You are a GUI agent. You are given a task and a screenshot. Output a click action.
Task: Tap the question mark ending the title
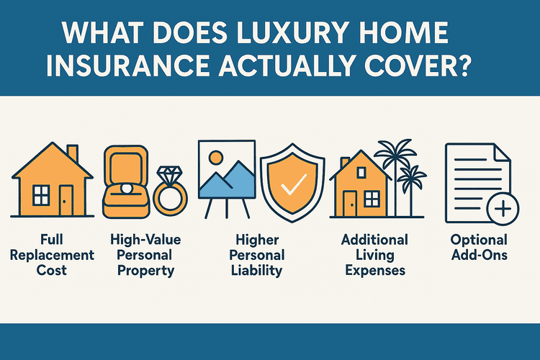(x=461, y=64)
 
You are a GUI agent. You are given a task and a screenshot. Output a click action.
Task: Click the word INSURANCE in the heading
(x=127, y=65)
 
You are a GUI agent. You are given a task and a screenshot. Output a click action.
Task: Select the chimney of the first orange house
(x=72, y=154)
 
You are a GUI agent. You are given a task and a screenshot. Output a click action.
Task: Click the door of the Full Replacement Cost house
(x=66, y=200)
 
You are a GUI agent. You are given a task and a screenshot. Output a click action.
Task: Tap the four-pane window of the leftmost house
(x=41, y=195)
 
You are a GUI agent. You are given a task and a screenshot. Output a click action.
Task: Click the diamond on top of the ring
(x=168, y=176)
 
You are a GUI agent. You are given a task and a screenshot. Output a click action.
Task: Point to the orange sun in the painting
(x=216, y=158)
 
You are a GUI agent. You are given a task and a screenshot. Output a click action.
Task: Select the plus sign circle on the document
(x=503, y=209)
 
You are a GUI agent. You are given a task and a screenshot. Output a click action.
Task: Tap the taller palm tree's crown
(x=395, y=152)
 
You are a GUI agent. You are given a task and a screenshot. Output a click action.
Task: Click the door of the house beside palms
(x=349, y=203)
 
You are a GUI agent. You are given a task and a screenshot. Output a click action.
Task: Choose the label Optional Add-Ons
(x=479, y=248)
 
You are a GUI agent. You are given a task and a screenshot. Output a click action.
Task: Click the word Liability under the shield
(x=256, y=270)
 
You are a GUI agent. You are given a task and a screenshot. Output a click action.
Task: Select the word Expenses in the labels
(x=375, y=270)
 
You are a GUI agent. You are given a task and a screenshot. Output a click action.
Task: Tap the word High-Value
(x=145, y=240)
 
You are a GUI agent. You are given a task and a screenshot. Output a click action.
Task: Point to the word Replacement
(x=52, y=255)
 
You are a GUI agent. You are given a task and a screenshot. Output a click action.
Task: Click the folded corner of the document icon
(x=503, y=152)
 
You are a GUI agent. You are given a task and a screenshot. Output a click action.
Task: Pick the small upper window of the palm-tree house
(x=361, y=172)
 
